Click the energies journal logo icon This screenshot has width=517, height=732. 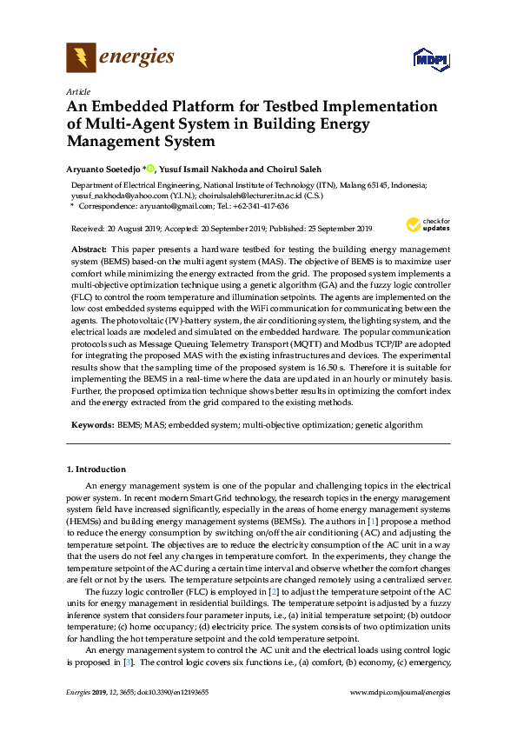point(82,58)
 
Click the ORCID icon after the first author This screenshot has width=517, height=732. point(150,168)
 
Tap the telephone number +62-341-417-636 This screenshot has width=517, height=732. point(256,206)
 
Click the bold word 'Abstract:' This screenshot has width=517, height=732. point(88,249)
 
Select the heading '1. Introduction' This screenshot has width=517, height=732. point(96,469)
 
